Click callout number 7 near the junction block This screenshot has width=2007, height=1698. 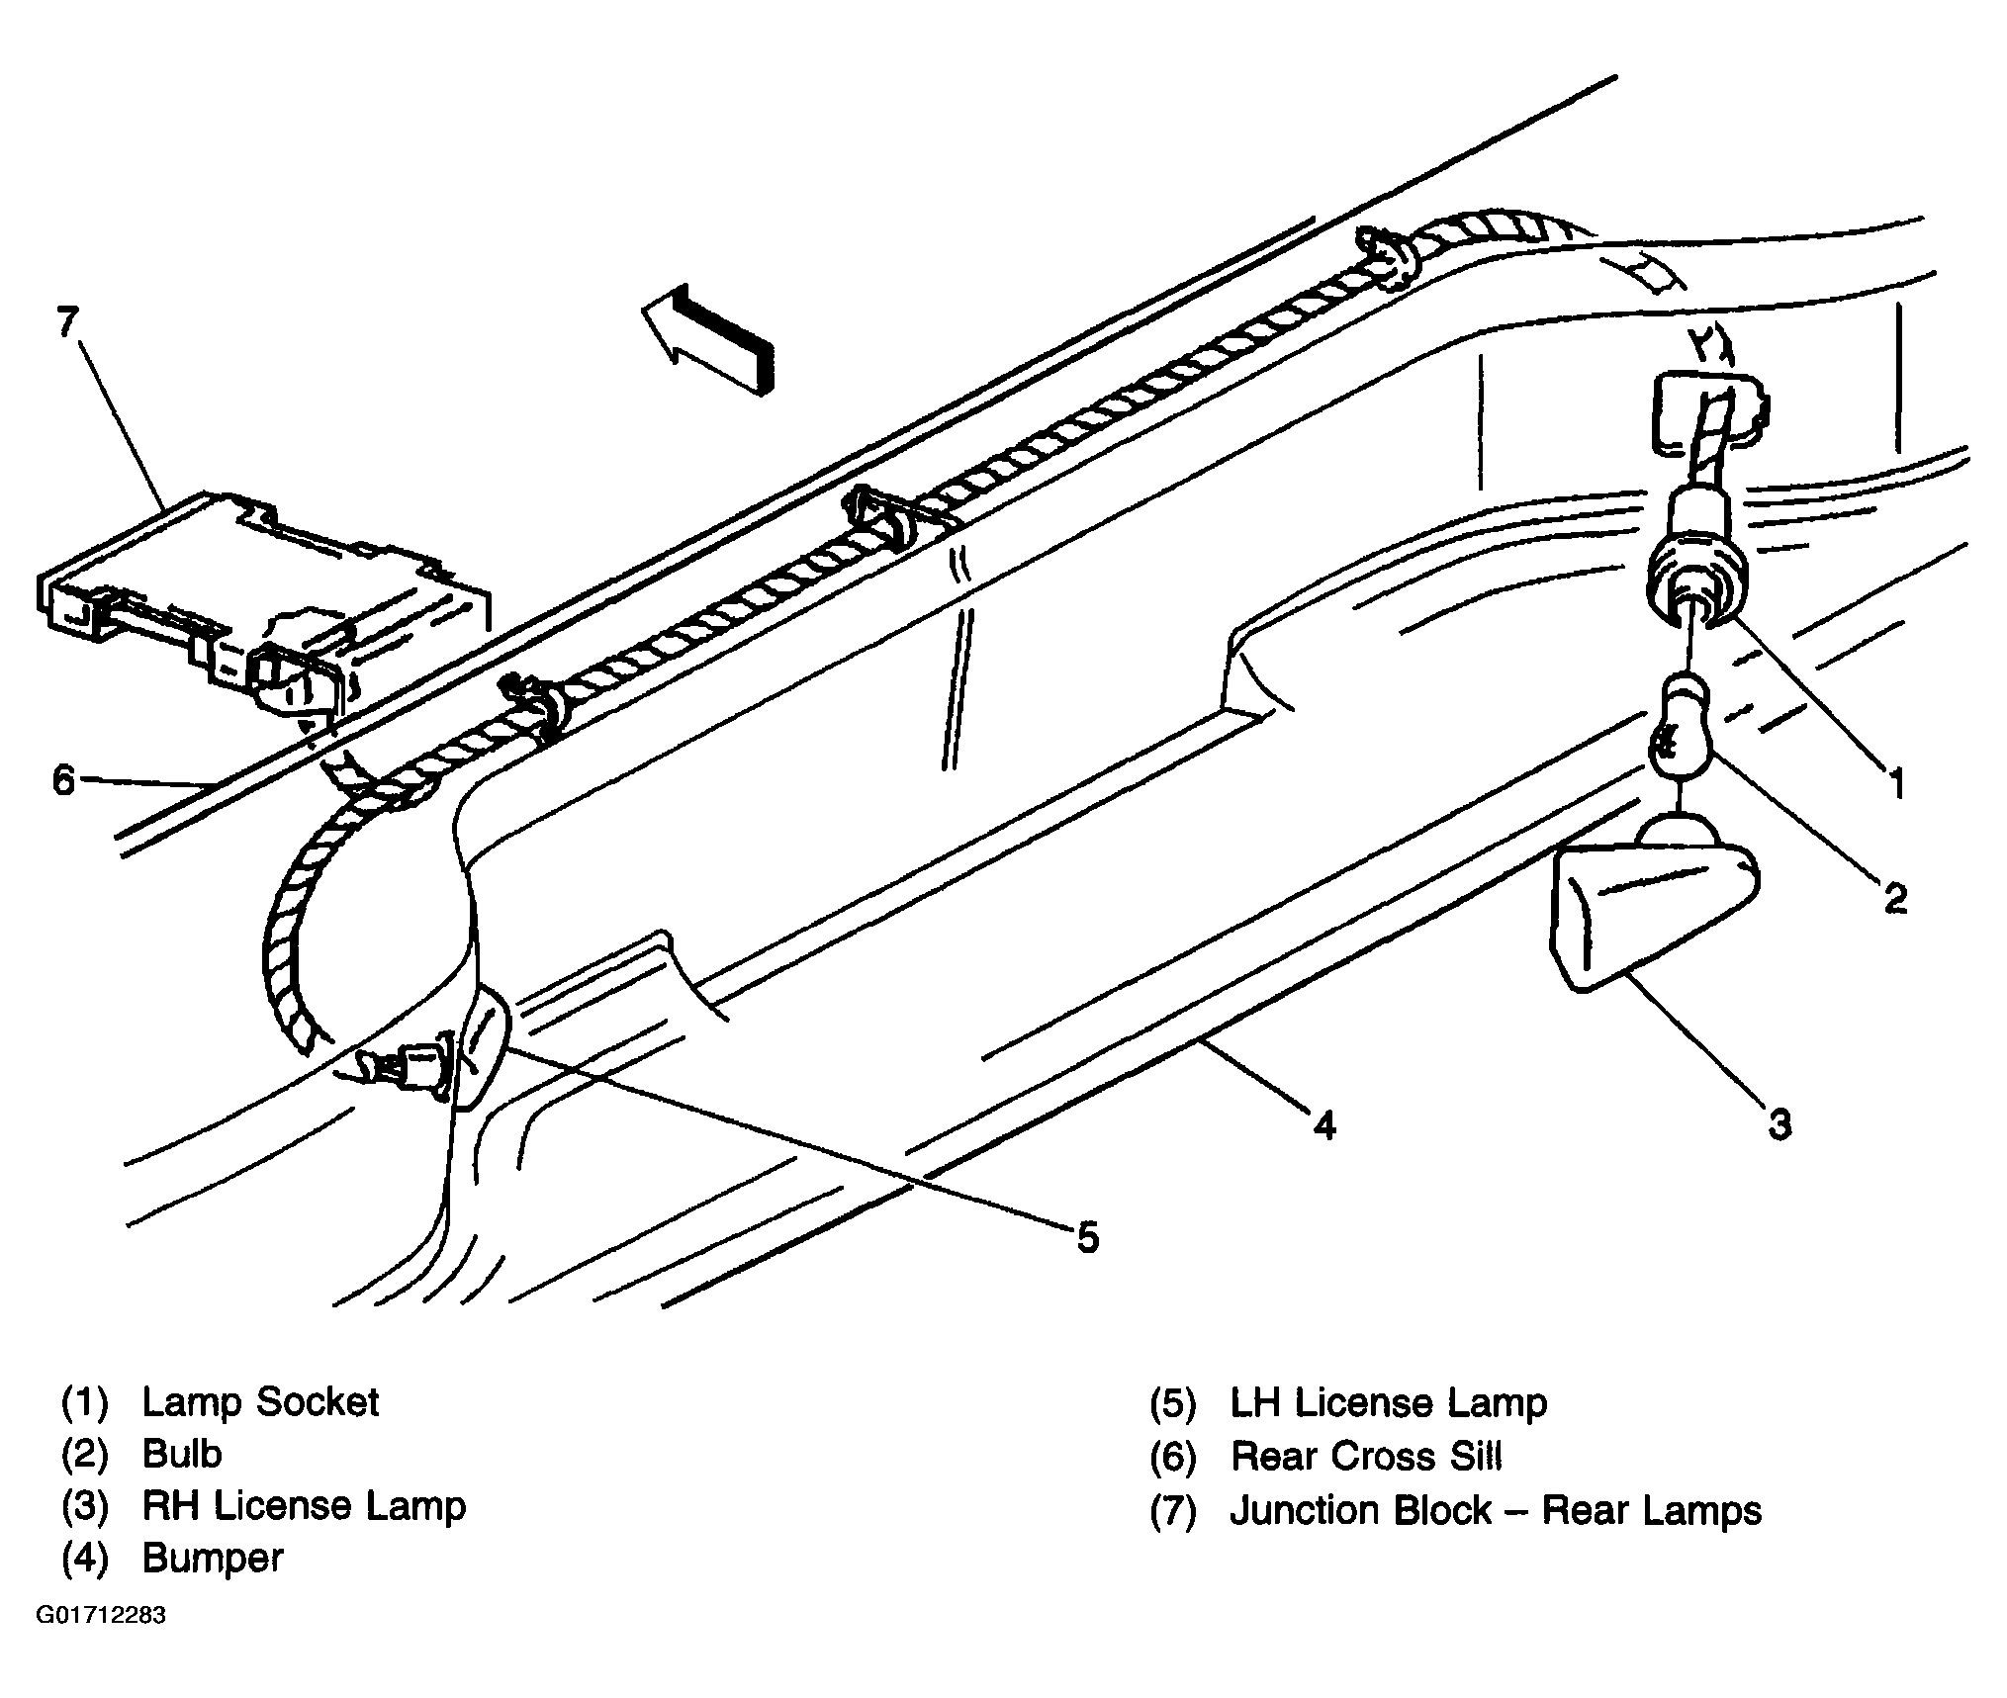pos(66,322)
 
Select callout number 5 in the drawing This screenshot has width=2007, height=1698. pos(1087,1237)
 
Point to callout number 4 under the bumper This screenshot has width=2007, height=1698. pos(1324,1124)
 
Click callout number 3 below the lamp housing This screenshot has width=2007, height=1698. pos(1779,1124)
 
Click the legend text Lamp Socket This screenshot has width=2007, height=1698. pos(260,1402)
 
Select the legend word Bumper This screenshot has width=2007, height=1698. pos(213,1558)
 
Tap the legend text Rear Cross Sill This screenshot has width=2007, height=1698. pos(1366,1456)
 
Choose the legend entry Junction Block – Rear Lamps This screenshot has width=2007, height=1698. pos(1496,1510)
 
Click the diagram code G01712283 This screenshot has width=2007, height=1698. pos(101,1616)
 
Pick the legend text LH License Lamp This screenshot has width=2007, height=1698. pos(1388,1402)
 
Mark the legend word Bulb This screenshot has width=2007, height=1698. pos(182,1454)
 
